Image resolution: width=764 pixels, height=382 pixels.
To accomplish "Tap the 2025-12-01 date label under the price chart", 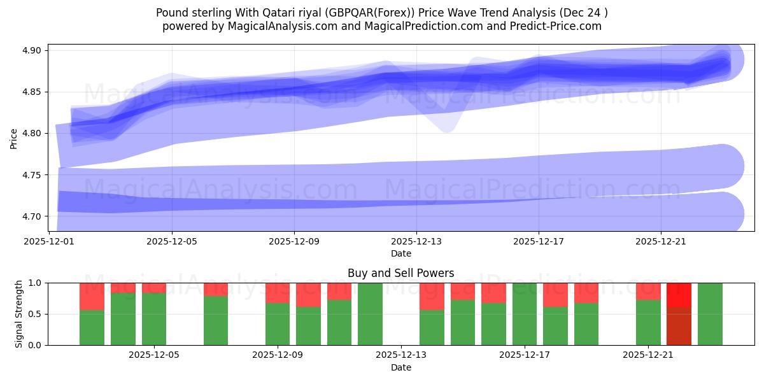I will pyautogui.click(x=49, y=242).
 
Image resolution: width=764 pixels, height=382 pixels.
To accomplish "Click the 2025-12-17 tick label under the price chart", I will pyautogui.click(x=539, y=242).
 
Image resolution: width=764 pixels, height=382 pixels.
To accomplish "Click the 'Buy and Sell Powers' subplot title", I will pyautogui.click(x=400, y=273).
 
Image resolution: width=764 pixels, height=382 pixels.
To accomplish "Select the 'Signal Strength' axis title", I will pyautogui.click(x=19, y=314).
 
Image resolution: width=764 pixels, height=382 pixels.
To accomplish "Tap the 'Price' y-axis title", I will pyautogui.click(x=14, y=138).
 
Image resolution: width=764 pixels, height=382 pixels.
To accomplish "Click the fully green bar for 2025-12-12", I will pyautogui.click(x=370, y=314).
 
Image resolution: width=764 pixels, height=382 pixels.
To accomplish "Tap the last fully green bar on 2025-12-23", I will pyautogui.click(x=710, y=314).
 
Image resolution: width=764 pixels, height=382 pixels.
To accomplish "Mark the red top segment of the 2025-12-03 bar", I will pyautogui.click(x=92, y=296).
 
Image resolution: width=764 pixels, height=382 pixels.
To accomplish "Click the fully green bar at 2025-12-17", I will pyautogui.click(x=525, y=314).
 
